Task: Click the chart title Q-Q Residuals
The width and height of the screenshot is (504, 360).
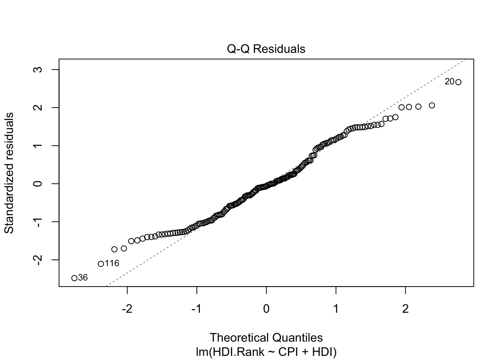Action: click(266, 49)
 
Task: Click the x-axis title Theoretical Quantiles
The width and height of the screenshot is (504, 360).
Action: click(266, 337)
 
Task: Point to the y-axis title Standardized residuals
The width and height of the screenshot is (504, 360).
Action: click(9, 173)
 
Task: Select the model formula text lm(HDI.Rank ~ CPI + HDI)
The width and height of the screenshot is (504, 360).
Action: click(266, 352)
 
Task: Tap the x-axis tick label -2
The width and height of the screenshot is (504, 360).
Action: click(127, 309)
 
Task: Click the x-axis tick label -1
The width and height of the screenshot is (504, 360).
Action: click(196, 309)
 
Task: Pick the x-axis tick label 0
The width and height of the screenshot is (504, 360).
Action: click(266, 309)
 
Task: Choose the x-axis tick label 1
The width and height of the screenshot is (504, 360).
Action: click(336, 309)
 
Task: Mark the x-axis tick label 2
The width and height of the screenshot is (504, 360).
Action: click(405, 309)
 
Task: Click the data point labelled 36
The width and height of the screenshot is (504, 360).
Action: click(74, 278)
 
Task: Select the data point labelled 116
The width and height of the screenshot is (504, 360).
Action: click(101, 264)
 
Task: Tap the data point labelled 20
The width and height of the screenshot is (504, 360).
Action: click(458, 82)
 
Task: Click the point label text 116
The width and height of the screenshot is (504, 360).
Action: click(112, 264)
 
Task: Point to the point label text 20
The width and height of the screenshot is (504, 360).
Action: click(449, 82)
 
